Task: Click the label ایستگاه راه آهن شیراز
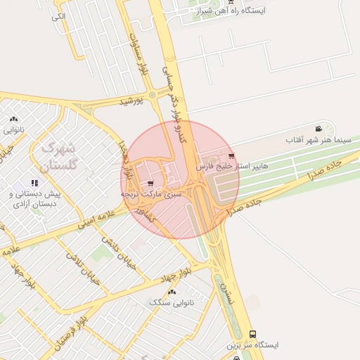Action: tap(239, 11)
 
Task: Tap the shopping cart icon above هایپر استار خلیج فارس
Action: tap(232, 155)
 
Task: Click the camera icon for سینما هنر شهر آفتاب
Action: tap(319, 129)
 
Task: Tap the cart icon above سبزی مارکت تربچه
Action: tap(151, 183)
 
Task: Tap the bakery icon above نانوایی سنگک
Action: tap(172, 291)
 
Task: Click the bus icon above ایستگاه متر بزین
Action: tap(252, 334)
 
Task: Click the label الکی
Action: tap(58, 15)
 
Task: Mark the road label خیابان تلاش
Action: tap(84, 270)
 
